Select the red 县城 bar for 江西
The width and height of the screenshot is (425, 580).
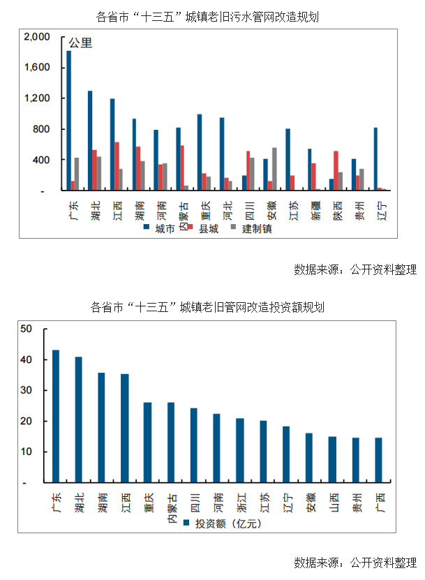(117, 166)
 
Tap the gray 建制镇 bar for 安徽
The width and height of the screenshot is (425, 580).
(274, 169)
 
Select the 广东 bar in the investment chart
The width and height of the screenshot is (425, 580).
(56, 416)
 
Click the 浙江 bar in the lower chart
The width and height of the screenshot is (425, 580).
(240, 450)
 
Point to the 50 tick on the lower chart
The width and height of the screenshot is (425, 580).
(27, 329)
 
